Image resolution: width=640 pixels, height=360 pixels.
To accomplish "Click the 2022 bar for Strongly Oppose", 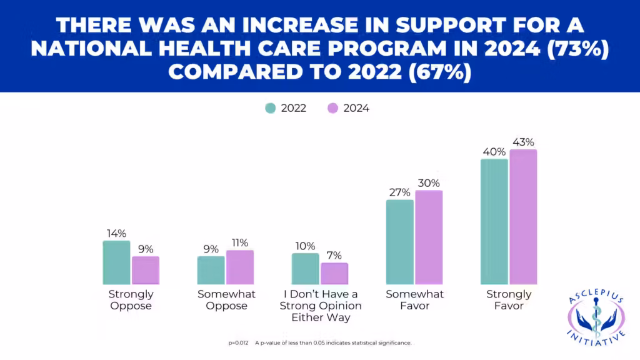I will [x=116, y=262].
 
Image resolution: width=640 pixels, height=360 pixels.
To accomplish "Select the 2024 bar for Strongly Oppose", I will [x=146, y=271].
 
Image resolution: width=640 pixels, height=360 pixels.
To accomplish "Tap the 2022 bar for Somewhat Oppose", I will [x=211, y=270].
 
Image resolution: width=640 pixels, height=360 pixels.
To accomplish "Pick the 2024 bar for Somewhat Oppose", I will [x=240, y=267].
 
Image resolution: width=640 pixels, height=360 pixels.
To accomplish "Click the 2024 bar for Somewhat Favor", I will [x=429, y=237].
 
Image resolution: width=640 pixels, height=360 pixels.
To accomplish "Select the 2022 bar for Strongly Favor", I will [x=494, y=222].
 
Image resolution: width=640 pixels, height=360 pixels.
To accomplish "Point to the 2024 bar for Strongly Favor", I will [x=523, y=217].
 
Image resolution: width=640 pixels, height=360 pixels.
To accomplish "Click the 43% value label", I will [x=523, y=142].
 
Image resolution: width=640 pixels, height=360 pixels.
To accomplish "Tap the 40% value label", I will [x=494, y=152].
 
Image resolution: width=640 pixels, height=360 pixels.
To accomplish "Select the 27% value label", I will [x=400, y=192].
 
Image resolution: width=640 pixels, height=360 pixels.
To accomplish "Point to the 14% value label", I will [x=116, y=233].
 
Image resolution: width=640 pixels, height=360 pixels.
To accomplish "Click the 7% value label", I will [x=334, y=256].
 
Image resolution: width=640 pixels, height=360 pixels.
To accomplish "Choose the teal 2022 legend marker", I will [x=271, y=108].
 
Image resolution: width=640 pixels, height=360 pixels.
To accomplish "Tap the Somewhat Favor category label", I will [x=414, y=300].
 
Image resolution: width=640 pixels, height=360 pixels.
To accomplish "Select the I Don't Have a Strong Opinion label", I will [x=320, y=306].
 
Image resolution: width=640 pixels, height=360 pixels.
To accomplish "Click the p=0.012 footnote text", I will [x=239, y=342].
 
